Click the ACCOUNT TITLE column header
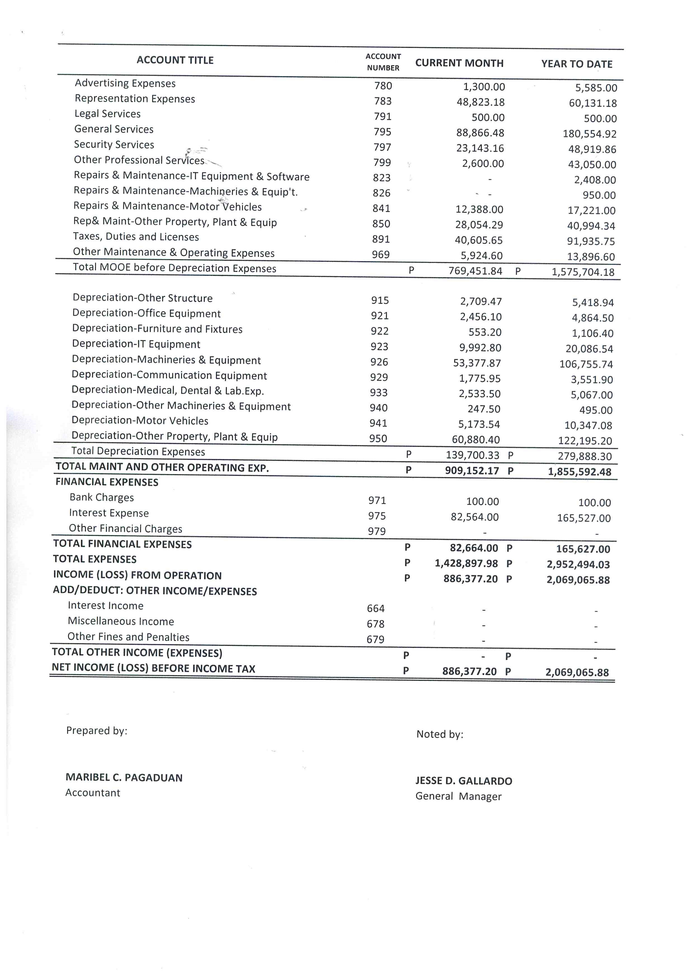coord(175,60)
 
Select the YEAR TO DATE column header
coord(576,64)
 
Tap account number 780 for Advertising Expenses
coord(383,86)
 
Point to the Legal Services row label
coord(108,114)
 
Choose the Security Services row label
coord(114,145)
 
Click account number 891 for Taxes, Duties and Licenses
coord(381,239)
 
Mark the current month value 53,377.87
coord(477,363)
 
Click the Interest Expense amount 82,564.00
coord(474,517)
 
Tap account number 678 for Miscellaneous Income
coord(376,624)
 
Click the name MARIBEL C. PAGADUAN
coord(124,778)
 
